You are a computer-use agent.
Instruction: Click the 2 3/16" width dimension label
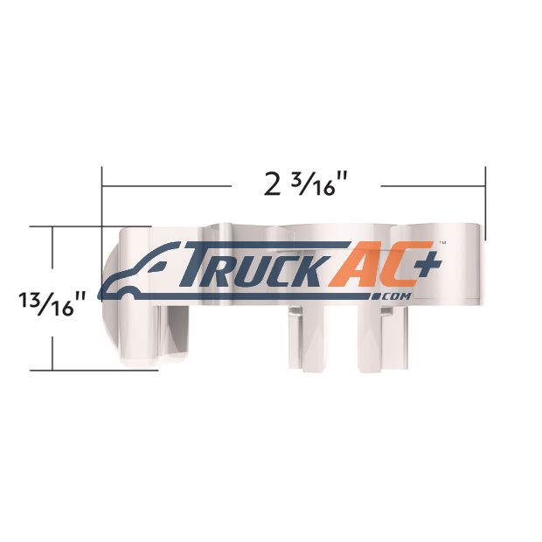[300, 184]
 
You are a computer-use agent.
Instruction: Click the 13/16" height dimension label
[52, 303]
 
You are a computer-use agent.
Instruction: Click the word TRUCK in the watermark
[252, 264]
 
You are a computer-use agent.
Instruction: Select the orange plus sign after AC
[429, 263]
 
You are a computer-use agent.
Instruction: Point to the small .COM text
[391, 296]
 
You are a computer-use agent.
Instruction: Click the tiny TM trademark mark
[442, 243]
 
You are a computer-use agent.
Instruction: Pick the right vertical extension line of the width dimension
[486, 203]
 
